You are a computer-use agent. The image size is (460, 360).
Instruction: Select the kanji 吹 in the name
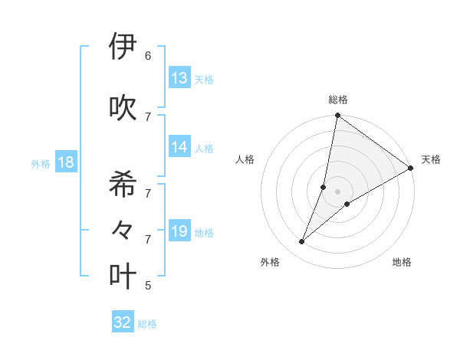coord(123,107)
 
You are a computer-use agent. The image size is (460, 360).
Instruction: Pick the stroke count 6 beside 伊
coord(147,56)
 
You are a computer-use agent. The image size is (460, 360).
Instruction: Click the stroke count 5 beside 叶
coord(147,286)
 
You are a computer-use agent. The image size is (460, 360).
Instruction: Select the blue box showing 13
coord(179,78)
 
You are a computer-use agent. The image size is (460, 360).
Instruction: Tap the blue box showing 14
coord(179,147)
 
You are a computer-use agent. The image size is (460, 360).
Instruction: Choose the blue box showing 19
coord(179,231)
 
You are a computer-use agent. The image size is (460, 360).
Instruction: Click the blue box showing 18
coord(65,162)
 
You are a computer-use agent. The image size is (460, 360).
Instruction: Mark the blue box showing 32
coord(123,322)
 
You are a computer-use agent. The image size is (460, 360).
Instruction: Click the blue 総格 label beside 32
coord(147,324)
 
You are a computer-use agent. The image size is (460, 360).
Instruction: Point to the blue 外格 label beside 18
coord(41,164)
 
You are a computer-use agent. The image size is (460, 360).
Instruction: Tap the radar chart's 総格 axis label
coord(338,100)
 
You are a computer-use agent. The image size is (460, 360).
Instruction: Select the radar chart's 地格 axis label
coord(402,263)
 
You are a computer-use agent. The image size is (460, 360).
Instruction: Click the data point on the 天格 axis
coord(411,169)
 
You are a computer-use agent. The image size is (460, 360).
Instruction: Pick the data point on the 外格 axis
coord(302,242)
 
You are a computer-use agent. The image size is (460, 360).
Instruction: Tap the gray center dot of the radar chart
coord(338,191)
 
